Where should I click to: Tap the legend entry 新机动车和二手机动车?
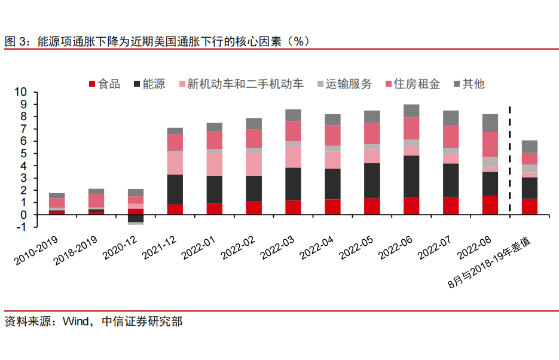click(x=245, y=84)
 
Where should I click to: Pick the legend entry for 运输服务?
click(x=349, y=84)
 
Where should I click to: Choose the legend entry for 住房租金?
click(x=417, y=84)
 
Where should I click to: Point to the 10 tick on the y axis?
click(x=21, y=92)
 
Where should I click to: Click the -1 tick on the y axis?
click(x=22, y=227)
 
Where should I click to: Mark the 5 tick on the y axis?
click(x=24, y=153)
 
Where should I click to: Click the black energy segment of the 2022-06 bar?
click(x=411, y=176)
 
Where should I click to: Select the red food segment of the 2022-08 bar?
click(x=490, y=205)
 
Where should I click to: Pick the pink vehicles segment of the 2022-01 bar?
click(x=214, y=164)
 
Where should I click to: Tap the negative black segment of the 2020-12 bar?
click(x=136, y=218)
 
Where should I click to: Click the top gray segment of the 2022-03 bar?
click(x=293, y=115)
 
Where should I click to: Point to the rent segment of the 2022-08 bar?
click(x=490, y=144)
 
